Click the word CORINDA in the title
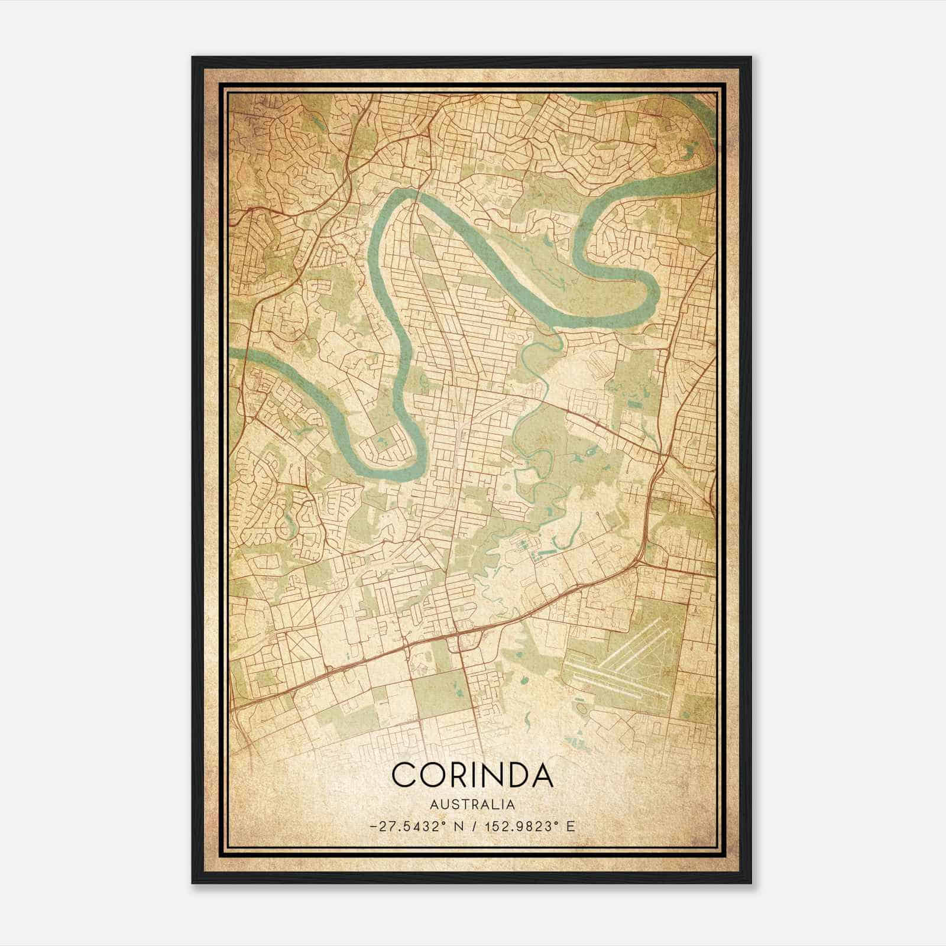tap(472, 775)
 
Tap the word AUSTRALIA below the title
tap(472, 805)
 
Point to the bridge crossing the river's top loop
tap(416, 205)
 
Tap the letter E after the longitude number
tap(570, 827)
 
